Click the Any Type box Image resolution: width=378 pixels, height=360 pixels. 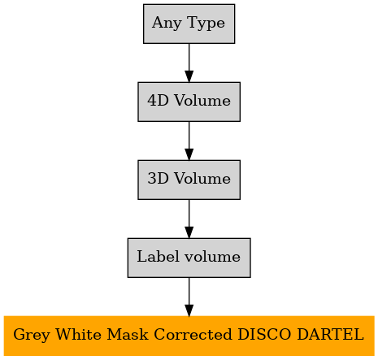pos(189,24)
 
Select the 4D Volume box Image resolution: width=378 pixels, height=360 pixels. pos(189,102)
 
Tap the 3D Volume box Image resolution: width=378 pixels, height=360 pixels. pos(189,180)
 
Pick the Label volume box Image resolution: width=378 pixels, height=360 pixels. pos(189,258)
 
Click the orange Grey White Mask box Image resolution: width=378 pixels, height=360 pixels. pos(189,336)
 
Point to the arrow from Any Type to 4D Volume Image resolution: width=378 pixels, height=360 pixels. pos(189,63)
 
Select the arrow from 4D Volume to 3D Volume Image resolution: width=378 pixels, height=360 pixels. pos(189,141)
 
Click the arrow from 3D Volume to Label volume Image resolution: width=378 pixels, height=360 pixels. pos(189,219)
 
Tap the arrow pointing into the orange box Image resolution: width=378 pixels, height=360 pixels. pos(189,297)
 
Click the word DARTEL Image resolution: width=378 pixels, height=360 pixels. pos(330,334)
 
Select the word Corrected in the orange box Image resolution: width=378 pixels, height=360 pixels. pos(193,334)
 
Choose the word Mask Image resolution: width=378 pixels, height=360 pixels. pos(128,334)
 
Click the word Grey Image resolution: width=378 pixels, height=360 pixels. pos(32,336)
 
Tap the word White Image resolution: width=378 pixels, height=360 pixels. pos(78,334)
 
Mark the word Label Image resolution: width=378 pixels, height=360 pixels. pos(159,256)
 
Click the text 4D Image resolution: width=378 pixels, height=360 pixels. pos(158,100)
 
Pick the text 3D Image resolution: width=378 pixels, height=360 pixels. pos(158,178)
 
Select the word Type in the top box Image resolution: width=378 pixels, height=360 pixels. pos(206,24)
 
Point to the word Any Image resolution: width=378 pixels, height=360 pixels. pos(167,24)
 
